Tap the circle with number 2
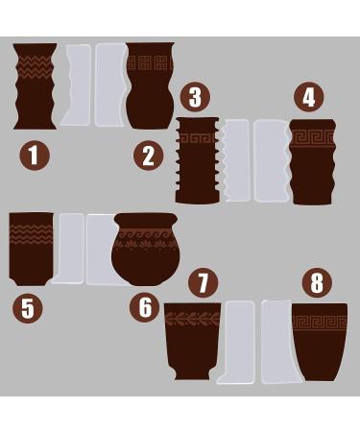[x=148, y=155]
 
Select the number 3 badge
[x=196, y=97]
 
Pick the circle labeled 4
[x=307, y=97]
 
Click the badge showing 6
[x=145, y=307]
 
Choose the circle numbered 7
[x=203, y=282]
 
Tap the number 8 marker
[x=318, y=282]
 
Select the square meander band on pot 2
[x=151, y=63]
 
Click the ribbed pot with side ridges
[x=198, y=159]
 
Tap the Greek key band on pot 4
[x=312, y=138]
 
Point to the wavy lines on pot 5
[x=31, y=234]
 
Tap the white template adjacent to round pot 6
[x=100, y=250]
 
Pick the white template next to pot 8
[x=276, y=341]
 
